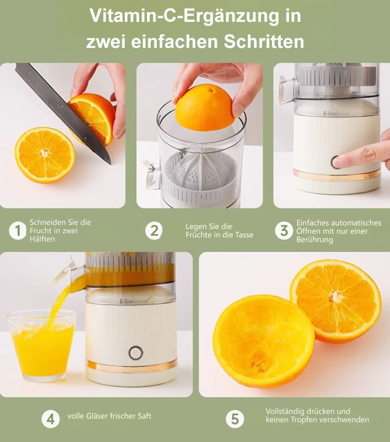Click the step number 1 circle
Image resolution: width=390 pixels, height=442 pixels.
(18, 231)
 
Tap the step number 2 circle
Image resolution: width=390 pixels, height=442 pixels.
(154, 231)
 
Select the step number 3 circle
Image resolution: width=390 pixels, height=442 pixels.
(284, 231)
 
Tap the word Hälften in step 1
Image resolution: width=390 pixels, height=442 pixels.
(42, 239)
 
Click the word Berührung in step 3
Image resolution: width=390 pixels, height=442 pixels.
(315, 239)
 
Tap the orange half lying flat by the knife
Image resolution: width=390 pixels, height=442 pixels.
(45, 155)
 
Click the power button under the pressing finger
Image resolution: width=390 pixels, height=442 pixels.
(336, 162)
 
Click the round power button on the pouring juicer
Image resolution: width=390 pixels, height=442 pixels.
(136, 353)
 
